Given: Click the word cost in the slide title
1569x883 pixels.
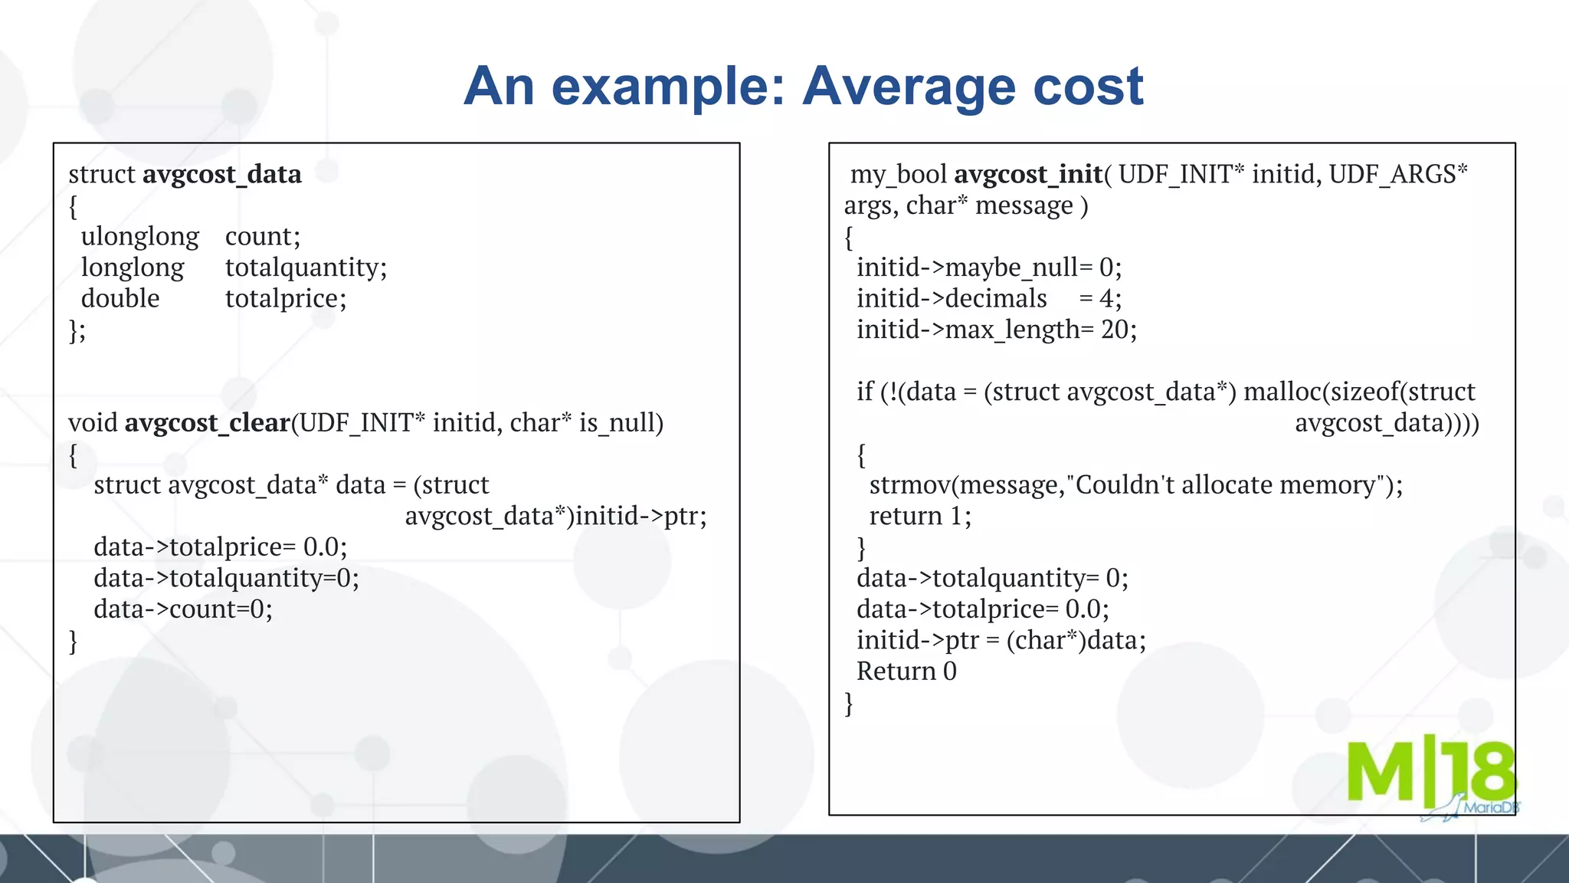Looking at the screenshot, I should [1088, 87].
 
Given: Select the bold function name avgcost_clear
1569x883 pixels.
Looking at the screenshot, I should [207, 423].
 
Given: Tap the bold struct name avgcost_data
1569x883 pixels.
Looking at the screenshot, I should [222, 175].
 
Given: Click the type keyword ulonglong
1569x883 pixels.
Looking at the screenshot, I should [140, 237].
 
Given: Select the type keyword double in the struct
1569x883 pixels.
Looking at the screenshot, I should [120, 299].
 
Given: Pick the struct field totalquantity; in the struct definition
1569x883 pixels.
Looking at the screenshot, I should [306, 268].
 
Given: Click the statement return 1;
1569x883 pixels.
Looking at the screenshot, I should [919, 517].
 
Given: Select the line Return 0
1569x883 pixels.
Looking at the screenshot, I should [906, 671].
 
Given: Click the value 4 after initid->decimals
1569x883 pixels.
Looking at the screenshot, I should [1106, 299].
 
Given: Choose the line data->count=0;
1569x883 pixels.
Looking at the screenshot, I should [183, 609].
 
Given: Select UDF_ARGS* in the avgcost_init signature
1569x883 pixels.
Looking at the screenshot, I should [1398, 175].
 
